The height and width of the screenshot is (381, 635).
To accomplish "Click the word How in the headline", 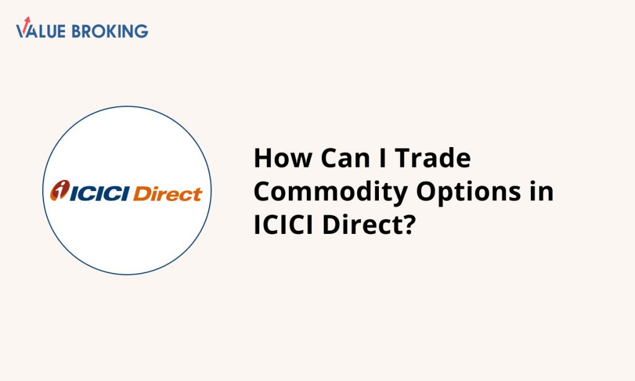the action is coord(283,158).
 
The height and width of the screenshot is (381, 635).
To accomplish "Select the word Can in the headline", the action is coord(345,158).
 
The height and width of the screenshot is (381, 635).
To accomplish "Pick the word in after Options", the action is coord(541,191).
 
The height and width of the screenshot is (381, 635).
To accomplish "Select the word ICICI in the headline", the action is coord(283,225).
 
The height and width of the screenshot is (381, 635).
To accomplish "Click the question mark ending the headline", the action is coord(409,225).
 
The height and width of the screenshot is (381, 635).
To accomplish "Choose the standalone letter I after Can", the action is coord(382,158).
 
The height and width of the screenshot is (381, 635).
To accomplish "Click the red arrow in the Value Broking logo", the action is coord(26,22).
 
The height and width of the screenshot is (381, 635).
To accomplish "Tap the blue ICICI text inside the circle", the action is coord(100,194).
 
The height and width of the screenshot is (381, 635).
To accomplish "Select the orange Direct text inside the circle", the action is coord(167,194).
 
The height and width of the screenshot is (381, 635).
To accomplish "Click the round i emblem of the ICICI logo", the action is coord(60,190).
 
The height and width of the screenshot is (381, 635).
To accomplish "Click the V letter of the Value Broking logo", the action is coord(22,31).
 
